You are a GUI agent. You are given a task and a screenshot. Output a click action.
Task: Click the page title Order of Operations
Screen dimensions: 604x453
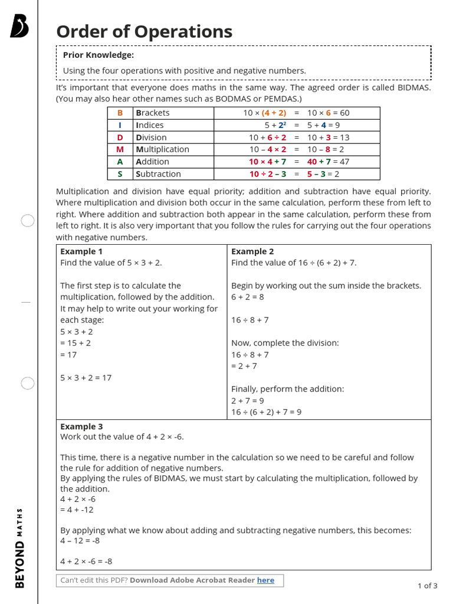pyautogui.click(x=144, y=31)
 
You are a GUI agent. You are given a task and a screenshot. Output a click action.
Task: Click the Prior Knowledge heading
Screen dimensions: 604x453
pyautogui.click(x=99, y=55)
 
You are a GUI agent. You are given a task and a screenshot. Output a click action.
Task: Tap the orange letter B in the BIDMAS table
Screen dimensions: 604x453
pyautogui.click(x=120, y=113)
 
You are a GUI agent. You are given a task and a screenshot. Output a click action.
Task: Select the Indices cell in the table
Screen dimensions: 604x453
pyautogui.click(x=150, y=125)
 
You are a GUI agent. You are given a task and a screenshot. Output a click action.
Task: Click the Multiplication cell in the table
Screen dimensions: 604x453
pyautogui.click(x=162, y=149)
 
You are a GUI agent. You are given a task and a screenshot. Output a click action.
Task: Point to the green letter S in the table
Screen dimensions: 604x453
pyautogui.click(x=120, y=174)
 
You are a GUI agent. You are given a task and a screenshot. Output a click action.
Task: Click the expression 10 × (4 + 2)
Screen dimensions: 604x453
pyautogui.click(x=265, y=113)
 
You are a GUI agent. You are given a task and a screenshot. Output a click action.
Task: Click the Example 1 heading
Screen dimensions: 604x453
pyautogui.click(x=81, y=251)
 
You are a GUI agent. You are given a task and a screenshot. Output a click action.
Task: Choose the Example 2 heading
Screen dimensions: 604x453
pyautogui.click(x=252, y=251)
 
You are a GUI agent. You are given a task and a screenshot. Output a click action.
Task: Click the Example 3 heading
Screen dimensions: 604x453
pyautogui.click(x=81, y=426)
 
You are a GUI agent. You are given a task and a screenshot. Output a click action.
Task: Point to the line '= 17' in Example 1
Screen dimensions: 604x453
pyautogui.click(x=68, y=354)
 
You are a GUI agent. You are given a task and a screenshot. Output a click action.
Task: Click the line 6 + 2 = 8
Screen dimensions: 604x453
pyautogui.click(x=248, y=297)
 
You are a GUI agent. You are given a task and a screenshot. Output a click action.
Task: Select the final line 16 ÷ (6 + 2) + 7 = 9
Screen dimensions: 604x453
pyautogui.click(x=266, y=412)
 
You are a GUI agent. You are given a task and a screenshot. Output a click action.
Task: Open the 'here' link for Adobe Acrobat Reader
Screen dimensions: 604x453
pyautogui.click(x=265, y=580)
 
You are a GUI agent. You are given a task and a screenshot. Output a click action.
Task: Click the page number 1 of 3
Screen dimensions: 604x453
pyautogui.click(x=427, y=586)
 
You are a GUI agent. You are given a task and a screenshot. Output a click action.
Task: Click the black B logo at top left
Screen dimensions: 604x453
pyautogui.click(x=19, y=27)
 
